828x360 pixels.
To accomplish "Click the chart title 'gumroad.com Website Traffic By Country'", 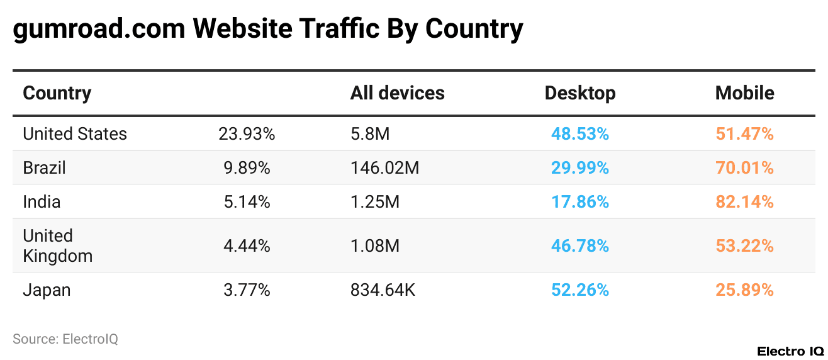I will click(268, 29).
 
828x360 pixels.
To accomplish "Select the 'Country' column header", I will click(57, 93).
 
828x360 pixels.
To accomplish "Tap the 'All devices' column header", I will click(397, 93).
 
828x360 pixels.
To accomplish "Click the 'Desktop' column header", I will click(579, 93).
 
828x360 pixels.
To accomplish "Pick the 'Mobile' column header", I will click(744, 93).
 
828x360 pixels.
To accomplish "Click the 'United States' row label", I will click(75, 134).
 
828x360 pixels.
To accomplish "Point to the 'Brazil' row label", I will click(44, 168).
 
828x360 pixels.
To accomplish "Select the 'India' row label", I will click(42, 202).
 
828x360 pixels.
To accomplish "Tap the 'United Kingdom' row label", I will click(57, 246).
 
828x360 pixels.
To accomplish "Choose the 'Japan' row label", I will click(47, 290).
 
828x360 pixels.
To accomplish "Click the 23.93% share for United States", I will click(247, 134).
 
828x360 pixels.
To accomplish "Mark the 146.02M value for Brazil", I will click(384, 168).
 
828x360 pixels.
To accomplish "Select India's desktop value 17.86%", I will click(579, 202).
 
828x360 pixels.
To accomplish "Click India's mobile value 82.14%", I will click(744, 202).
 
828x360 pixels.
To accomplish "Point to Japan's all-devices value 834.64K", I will click(383, 290).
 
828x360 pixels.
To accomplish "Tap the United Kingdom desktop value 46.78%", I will click(579, 246).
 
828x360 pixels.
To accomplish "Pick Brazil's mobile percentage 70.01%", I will click(744, 168).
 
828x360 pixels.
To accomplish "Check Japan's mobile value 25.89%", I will click(744, 290).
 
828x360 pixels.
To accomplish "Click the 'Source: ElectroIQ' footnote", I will click(65, 339).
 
